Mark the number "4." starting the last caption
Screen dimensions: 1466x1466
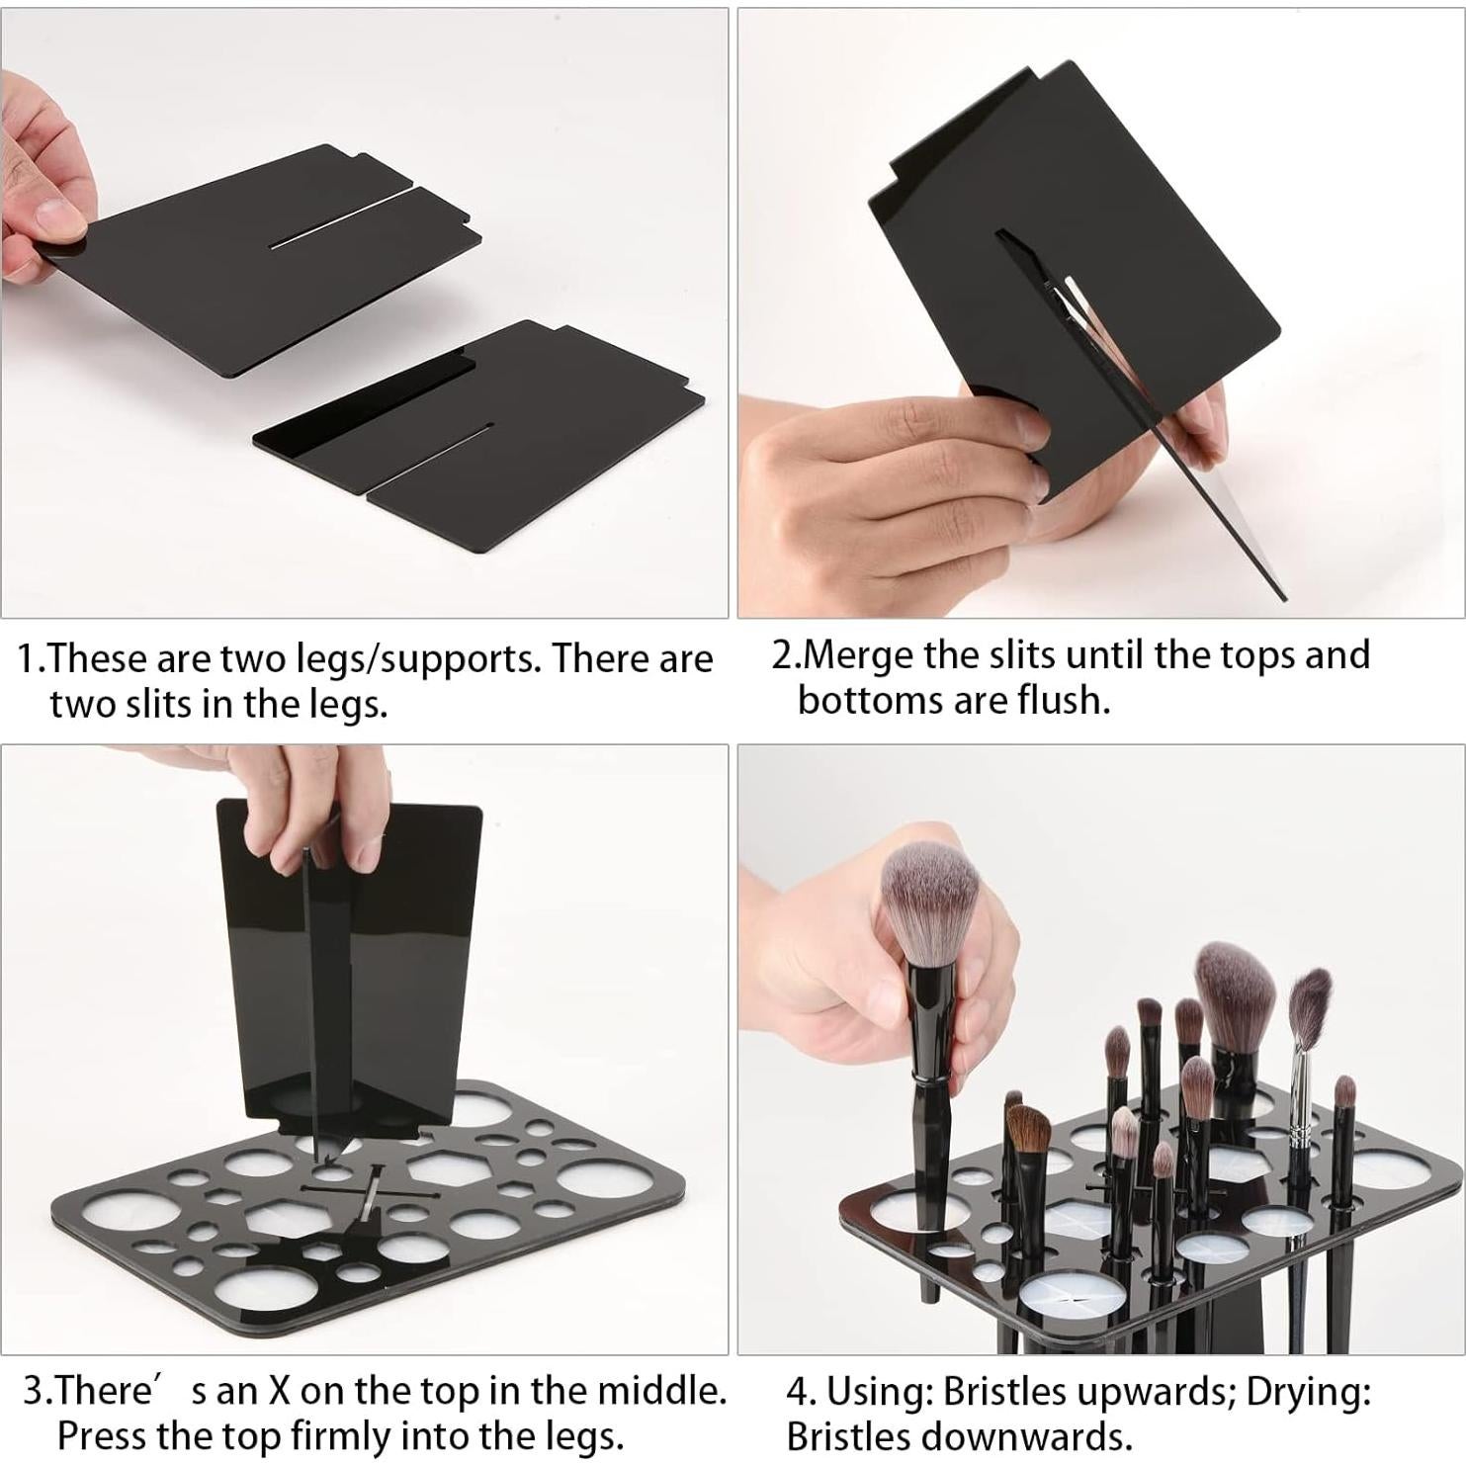(802, 1392)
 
